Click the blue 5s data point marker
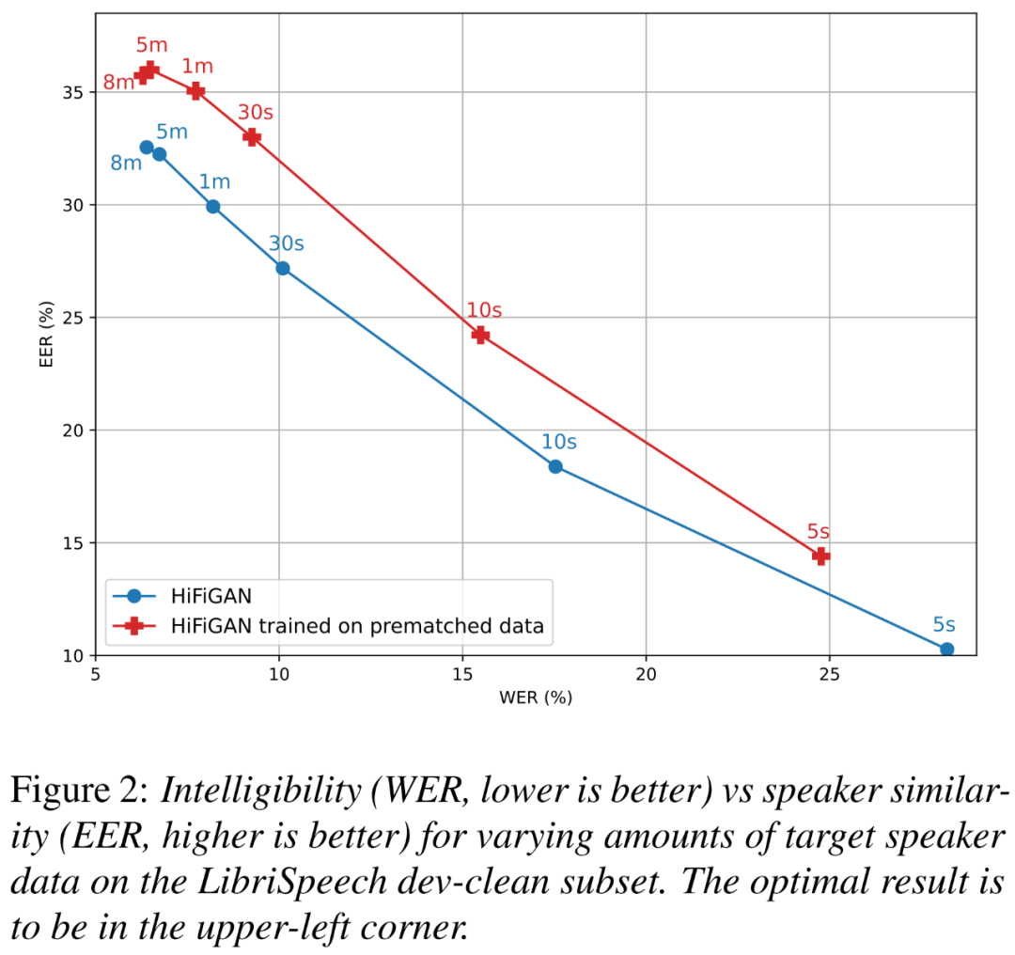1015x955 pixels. point(946,649)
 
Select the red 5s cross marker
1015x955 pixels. point(820,556)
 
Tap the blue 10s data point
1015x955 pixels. point(555,466)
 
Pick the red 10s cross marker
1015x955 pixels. point(480,335)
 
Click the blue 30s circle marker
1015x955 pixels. point(282,268)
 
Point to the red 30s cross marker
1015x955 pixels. point(252,136)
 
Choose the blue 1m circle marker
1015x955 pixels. point(213,206)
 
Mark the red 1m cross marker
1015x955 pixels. point(195,90)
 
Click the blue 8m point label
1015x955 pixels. point(126,164)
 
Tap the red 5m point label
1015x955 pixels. point(152,45)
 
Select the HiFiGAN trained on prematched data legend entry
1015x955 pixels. point(357,625)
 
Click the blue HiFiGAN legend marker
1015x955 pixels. point(133,595)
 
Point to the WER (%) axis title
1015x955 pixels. point(536,697)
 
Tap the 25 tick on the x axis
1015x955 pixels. point(829,675)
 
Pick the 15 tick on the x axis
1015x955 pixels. point(461,675)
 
